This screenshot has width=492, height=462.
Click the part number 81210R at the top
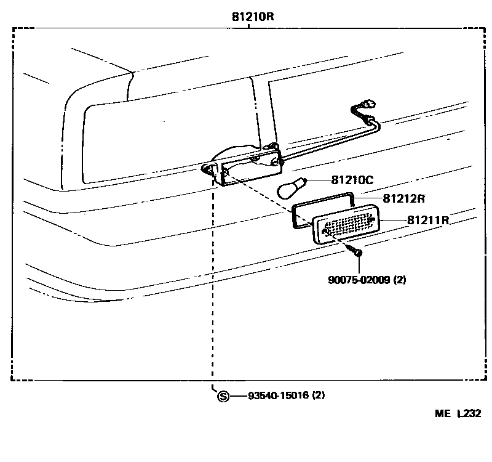[x=253, y=17]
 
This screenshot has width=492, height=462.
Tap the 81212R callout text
[x=405, y=198]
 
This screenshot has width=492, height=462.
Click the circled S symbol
[x=223, y=395]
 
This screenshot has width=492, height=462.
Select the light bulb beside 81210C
[x=291, y=187]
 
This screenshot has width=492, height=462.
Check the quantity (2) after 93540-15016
[x=318, y=395]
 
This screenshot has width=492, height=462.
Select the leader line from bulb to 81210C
[x=319, y=180]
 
